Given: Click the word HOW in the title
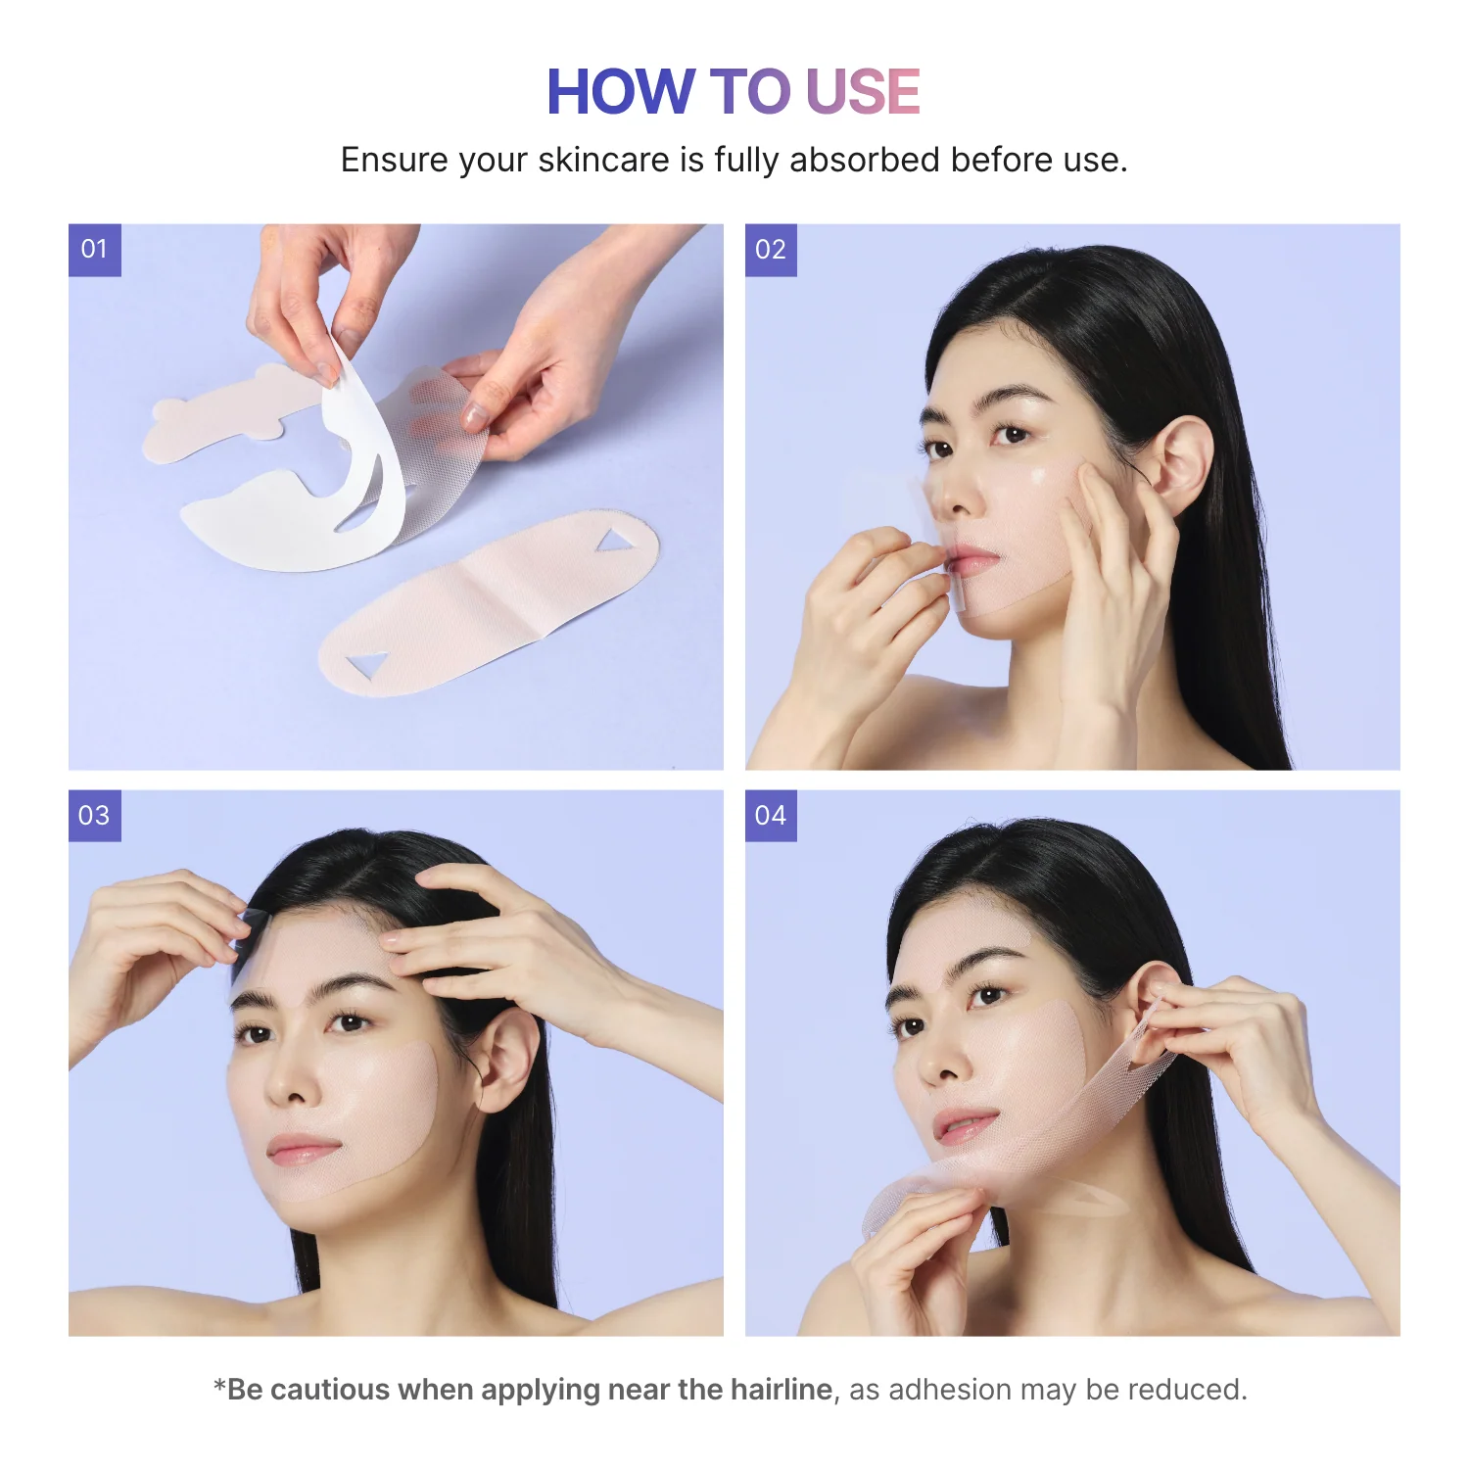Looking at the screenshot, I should [620, 92].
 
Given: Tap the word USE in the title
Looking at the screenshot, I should [862, 92].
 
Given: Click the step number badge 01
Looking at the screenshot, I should [94, 250].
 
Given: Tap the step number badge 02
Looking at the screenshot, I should [771, 250].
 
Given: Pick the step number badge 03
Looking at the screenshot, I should [94, 816].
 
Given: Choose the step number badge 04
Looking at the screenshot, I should [771, 816].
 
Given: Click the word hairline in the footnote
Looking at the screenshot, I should [782, 1390].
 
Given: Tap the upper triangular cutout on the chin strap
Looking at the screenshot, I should [615, 540].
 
